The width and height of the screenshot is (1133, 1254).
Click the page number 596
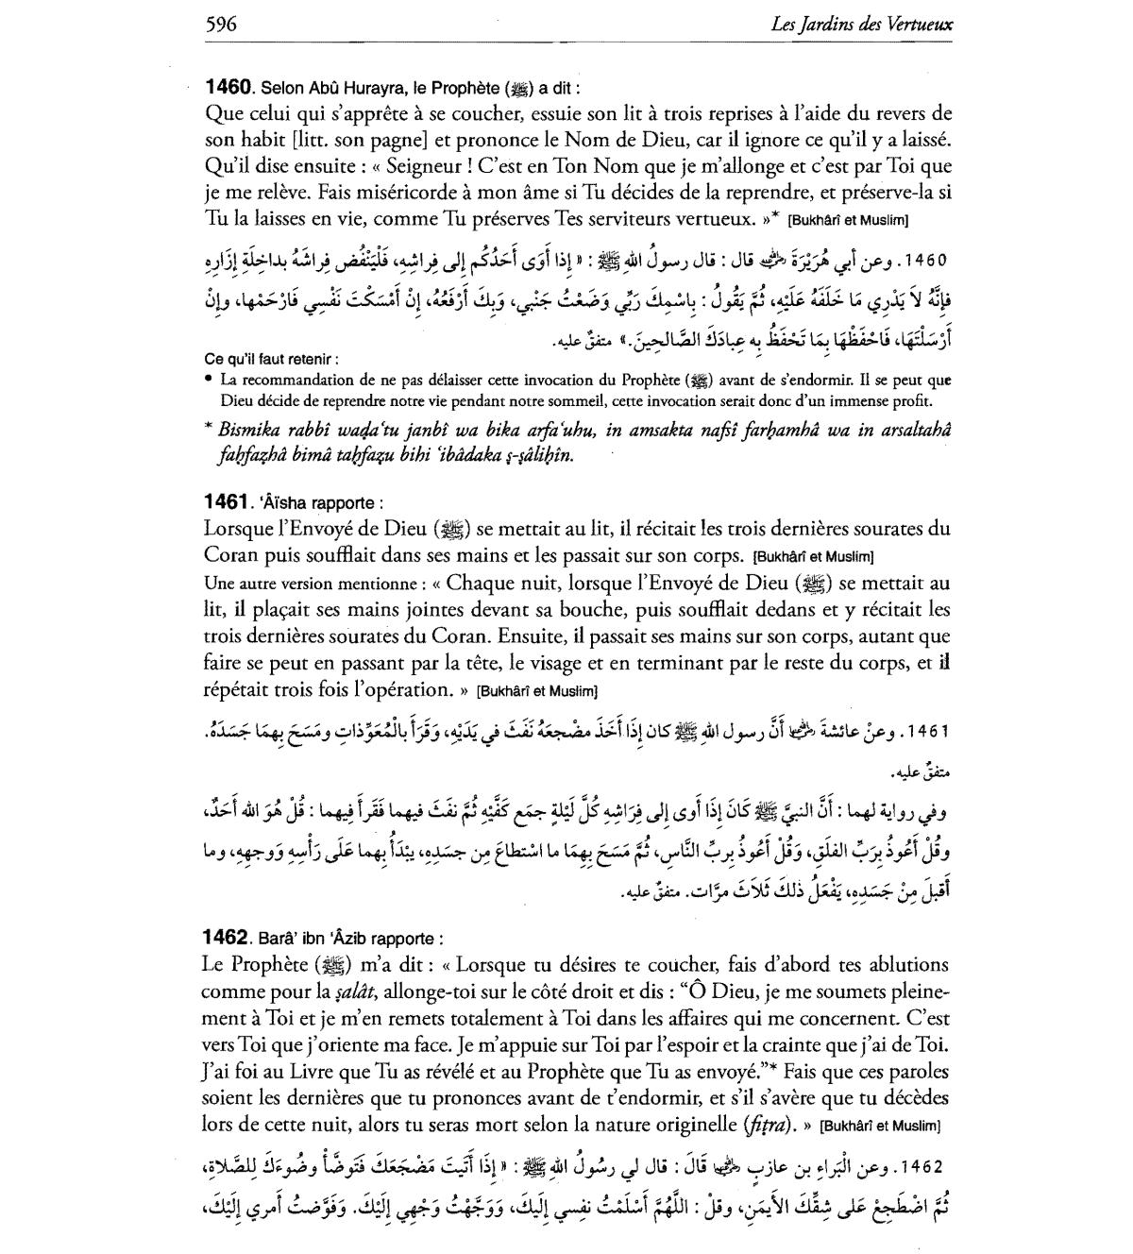click(220, 24)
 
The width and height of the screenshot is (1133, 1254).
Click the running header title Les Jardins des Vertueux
click(861, 25)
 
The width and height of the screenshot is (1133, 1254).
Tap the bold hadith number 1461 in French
click(228, 503)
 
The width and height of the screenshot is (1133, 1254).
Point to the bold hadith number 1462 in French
click(228, 939)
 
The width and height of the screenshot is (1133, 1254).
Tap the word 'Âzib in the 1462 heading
click(327, 940)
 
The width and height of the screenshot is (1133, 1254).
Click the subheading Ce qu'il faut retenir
click(271, 359)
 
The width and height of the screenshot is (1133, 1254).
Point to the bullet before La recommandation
click(209, 380)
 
